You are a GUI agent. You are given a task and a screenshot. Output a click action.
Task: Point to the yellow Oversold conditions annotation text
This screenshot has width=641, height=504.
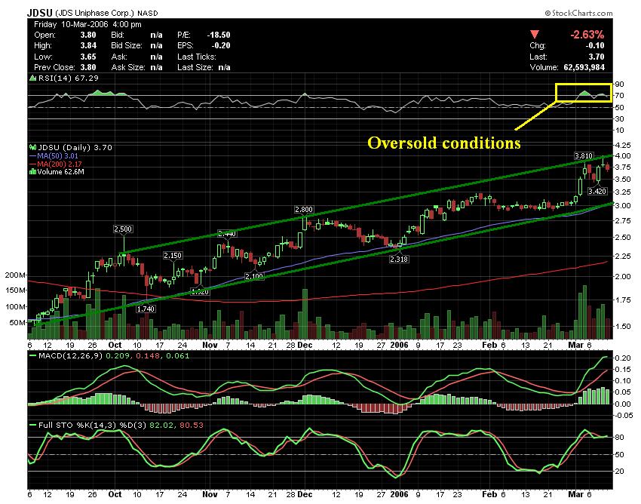[444, 143]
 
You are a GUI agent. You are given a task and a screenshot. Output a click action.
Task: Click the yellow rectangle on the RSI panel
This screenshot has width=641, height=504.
[583, 92]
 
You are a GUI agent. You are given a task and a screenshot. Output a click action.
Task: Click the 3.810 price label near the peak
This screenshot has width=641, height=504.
[584, 156]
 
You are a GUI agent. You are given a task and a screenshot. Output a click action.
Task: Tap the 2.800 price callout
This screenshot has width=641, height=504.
[304, 209]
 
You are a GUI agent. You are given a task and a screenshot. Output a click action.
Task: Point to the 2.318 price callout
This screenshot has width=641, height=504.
[399, 260]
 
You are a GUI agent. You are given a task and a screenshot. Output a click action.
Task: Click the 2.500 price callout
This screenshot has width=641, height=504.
[123, 229]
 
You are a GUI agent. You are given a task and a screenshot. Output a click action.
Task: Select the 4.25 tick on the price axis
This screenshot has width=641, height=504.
[624, 144]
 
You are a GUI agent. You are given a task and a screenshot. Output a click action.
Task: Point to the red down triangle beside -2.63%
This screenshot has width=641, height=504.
[535, 34]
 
